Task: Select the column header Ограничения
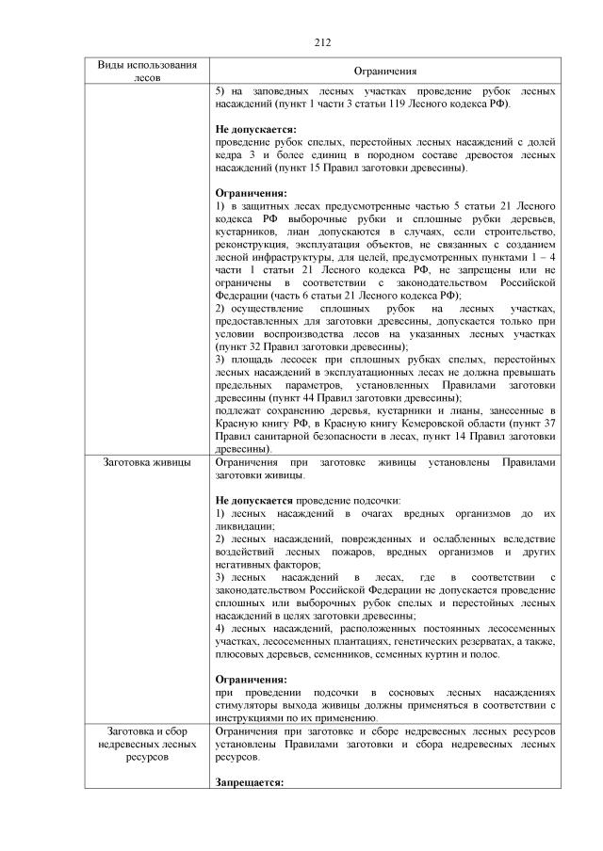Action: coord(385,72)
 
